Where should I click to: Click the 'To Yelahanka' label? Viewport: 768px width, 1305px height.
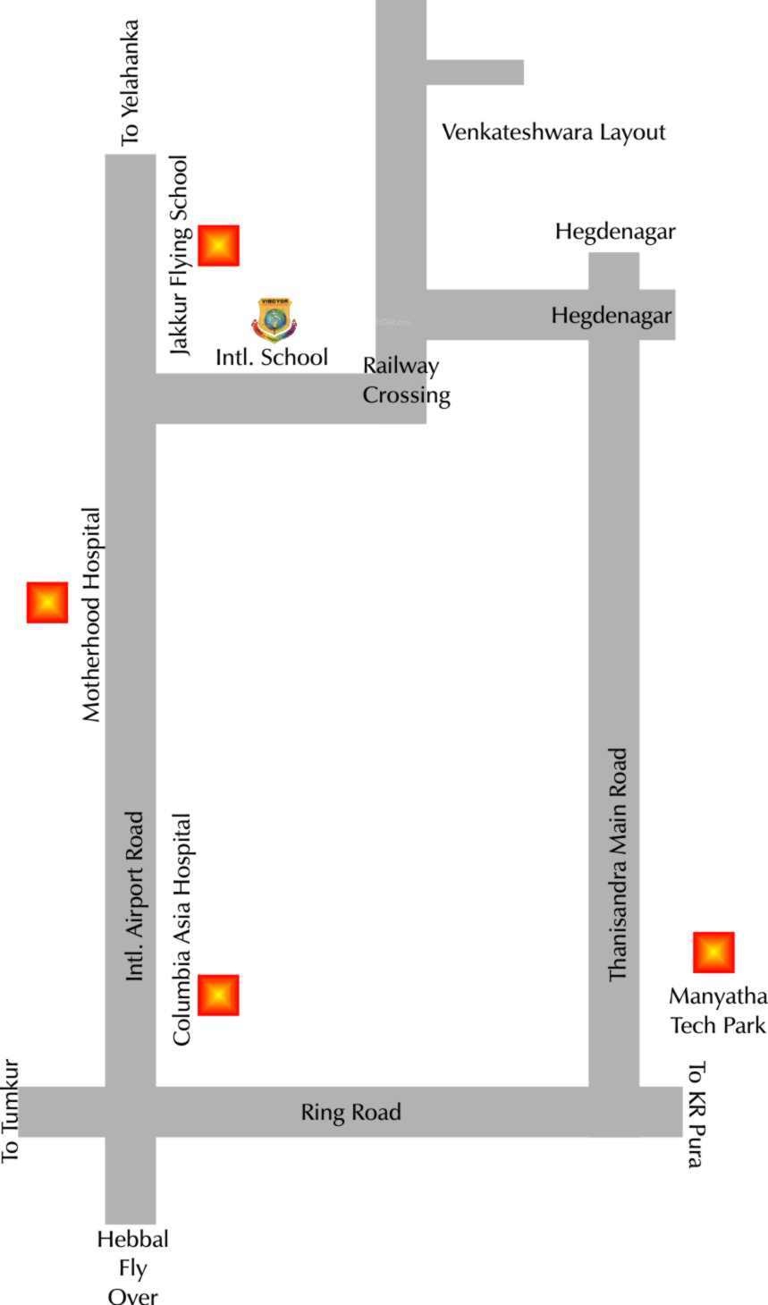131,83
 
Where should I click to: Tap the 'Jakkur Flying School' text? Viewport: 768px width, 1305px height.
181,256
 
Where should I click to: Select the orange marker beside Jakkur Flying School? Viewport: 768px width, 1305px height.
219,245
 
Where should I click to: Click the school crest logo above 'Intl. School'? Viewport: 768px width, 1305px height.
274,319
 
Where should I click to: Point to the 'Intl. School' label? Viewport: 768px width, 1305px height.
272,357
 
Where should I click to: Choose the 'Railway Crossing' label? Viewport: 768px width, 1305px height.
406,380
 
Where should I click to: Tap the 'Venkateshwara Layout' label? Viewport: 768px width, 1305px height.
553,132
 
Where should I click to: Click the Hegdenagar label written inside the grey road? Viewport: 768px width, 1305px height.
611,316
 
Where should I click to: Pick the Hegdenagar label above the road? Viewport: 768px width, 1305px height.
615,232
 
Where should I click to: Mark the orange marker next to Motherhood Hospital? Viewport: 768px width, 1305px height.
47,602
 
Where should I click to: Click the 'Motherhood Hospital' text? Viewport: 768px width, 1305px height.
91,615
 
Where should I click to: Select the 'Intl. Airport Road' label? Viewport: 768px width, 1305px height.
135,896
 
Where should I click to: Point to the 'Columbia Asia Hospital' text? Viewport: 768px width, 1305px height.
182,929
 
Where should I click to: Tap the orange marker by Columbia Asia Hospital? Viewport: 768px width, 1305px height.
219,995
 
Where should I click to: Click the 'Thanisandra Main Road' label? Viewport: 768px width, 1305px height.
619,865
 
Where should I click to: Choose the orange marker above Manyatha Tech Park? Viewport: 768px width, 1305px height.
713,952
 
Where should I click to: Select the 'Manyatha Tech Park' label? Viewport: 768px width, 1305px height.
718,1011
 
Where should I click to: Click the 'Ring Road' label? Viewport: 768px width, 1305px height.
350,1112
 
